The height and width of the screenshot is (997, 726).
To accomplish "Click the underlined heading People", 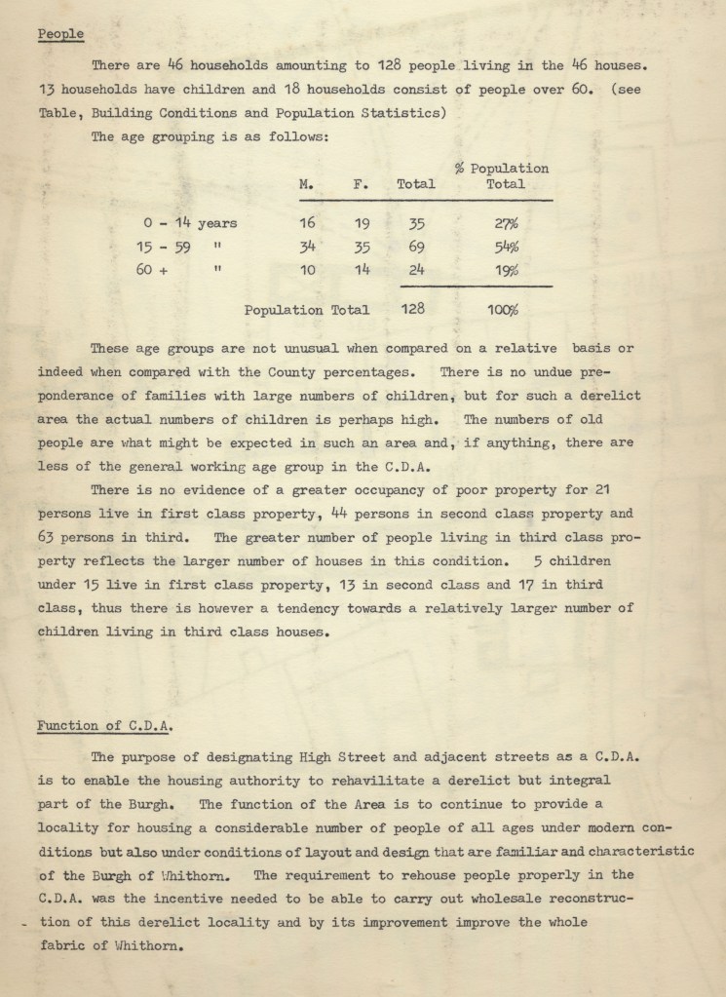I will coord(60,35).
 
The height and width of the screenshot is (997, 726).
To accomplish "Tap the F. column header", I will coord(359,183).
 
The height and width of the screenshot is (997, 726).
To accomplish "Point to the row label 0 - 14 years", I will coord(190,223).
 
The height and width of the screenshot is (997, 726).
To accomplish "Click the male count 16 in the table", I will coord(307,223).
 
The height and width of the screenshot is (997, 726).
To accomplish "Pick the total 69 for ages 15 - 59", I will coord(415,247).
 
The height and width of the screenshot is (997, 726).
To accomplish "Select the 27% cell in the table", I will coord(504,223).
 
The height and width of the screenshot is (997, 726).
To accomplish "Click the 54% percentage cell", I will coord(504,247).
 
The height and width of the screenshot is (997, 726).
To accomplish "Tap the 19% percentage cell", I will coord(504,270).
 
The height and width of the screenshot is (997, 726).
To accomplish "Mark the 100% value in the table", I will coord(503,310).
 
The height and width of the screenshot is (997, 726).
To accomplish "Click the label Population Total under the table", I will coord(307,310).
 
